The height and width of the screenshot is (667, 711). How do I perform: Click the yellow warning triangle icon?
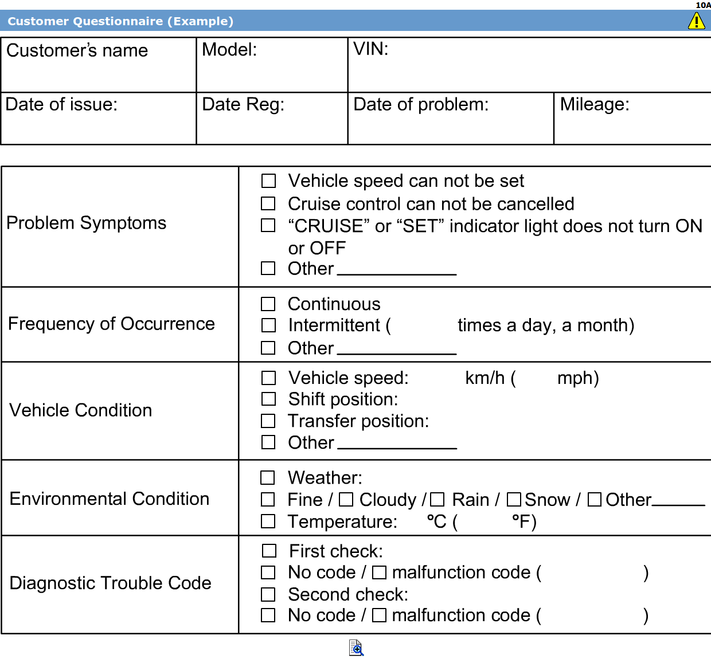click(696, 21)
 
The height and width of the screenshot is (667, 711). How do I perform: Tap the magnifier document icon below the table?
click(356, 648)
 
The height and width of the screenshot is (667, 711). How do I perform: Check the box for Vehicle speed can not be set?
click(268, 181)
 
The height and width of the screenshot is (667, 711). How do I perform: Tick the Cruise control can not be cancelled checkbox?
click(268, 203)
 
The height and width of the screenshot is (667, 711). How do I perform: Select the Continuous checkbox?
click(268, 304)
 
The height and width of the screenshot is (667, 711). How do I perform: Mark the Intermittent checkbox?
click(268, 325)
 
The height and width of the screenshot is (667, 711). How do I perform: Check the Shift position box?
click(268, 399)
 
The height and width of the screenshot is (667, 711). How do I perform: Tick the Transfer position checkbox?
click(268, 421)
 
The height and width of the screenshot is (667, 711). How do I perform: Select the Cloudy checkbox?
click(346, 500)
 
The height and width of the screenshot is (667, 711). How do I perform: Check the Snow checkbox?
click(514, 500)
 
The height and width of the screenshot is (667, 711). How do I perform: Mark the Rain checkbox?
click(437, 500)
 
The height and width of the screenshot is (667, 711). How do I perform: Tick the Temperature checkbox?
click(268, 521)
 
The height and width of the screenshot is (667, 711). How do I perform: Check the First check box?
click(269, 551)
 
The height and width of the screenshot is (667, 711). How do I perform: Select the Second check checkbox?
click(268, 594)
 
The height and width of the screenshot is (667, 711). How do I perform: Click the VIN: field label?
click(370, 49)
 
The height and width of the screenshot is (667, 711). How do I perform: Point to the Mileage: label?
click(595, 104)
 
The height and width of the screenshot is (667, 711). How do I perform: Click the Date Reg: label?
click(243, 104)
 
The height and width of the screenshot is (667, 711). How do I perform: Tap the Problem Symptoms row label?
click(87, 223)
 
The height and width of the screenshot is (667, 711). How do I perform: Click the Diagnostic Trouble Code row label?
click(111, 583)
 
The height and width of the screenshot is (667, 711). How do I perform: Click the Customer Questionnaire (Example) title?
click(120, 21)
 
